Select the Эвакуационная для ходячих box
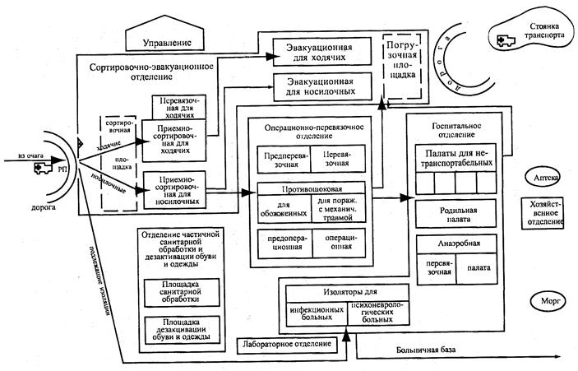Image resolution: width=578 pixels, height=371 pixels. click(x=321, y=51)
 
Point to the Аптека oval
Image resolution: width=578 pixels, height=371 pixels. click(x=541, y=178)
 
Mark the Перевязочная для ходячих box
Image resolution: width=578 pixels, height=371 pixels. click(x=176, y=105)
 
